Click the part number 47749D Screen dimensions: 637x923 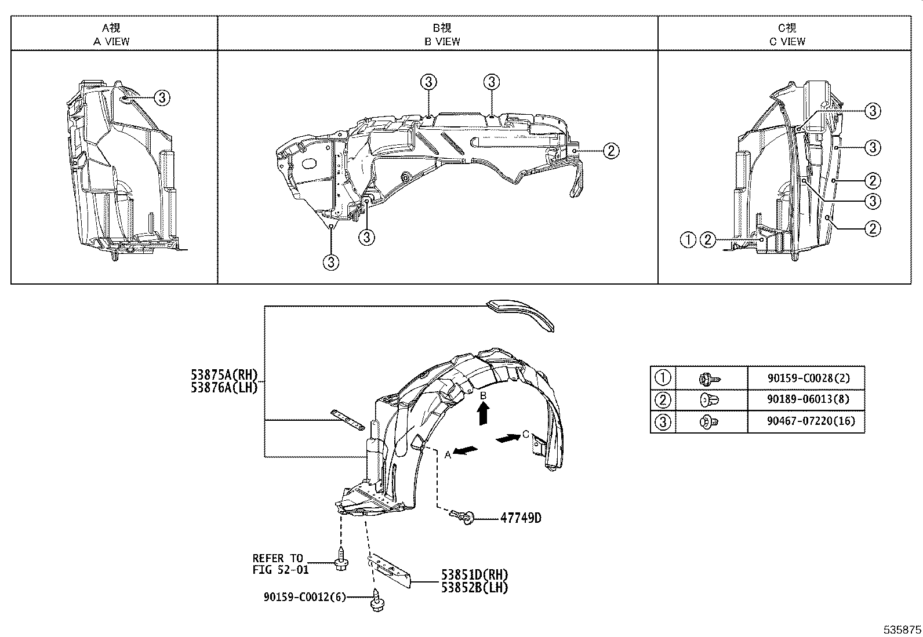pyautogui.click(x=521, y=518)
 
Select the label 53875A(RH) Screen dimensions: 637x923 pyautogui.click(x=223, y=374)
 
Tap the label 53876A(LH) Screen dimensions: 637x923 pyautogui.click(x=223, y=387)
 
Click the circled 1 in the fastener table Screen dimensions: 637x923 pyautogui.click(x=663, y=378)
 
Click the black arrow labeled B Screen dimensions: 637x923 pyautogui.click(x=483, y=414)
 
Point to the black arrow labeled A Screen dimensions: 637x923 pyautogui.click(x=467, y=451)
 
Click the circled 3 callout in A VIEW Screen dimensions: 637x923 pyautogui.click(x=162, y=98)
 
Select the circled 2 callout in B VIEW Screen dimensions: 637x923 pyautogui.click(x=611, y=151)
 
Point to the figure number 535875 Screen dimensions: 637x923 pyautogui.click(x=902, y=629)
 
